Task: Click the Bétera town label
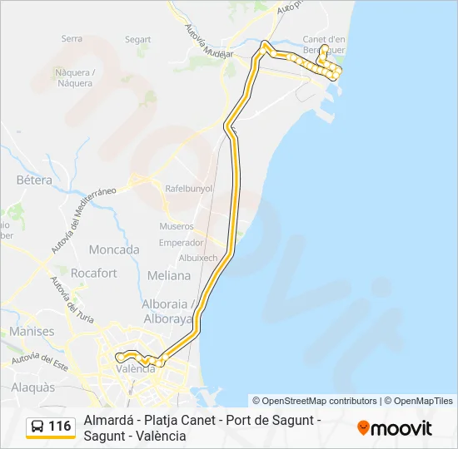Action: pos(34,180)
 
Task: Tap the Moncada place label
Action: pos(114,249)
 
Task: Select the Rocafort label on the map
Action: pos(94,273)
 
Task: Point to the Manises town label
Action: pos(32,331)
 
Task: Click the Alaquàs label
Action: pos(34,387)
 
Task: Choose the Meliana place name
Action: pos(168,275)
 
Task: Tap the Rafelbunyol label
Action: pos(190,189)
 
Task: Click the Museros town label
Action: pos(177,226)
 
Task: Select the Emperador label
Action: pos(182,243)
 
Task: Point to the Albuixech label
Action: pos(198,258)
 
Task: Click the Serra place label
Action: pos(72,38)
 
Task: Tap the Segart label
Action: pos(137,39)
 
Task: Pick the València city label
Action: pos(136,369)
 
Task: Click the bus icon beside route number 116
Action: pos(37,427)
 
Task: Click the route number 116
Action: pos(60,427)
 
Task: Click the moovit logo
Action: pos(395,428)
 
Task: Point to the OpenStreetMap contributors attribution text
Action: pos(315,401)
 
